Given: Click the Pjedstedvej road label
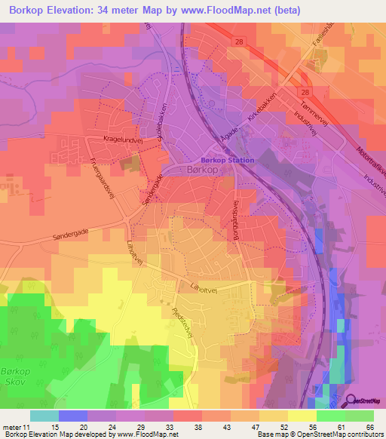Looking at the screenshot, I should [x=183, y=320].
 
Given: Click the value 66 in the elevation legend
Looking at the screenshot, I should [x=369, y=426].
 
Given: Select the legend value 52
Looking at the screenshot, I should [x=283, y=426].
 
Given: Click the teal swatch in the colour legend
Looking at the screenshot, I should [x=44, y=416].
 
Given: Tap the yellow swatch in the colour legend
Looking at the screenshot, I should [x=302, y=416].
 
